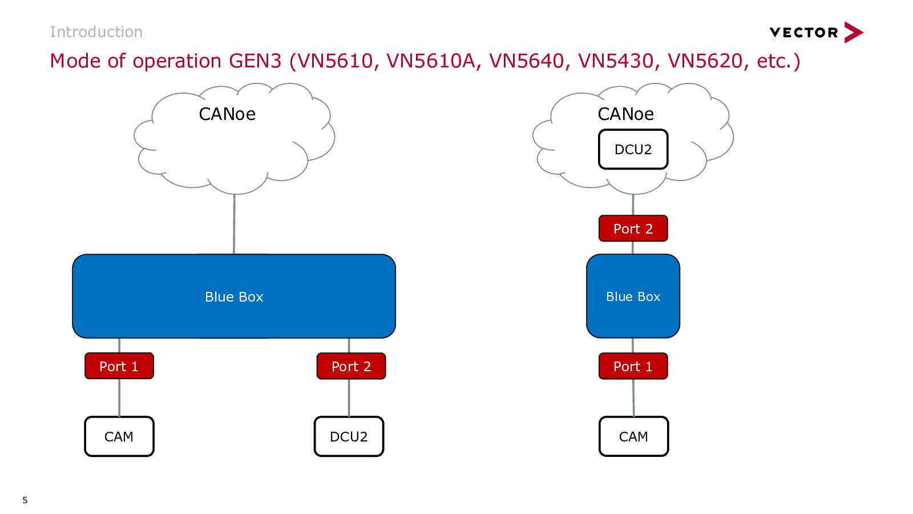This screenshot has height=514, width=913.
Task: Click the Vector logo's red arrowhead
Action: coord(853,32)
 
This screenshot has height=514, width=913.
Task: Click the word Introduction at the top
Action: coord(96,32)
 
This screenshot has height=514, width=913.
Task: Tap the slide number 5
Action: coord(25,500)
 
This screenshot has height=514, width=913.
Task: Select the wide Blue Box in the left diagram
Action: coord(234,296)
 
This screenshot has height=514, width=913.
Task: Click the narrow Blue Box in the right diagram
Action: coord(633,296)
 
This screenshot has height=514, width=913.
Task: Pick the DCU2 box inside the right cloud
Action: coord(633,149)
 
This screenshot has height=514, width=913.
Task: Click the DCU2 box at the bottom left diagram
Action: coord(349,436)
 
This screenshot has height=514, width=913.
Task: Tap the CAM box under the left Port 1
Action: coord(119,436)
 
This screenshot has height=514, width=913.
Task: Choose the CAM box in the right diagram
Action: coord(633,436)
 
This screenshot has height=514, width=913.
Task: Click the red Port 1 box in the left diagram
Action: coord(119,366)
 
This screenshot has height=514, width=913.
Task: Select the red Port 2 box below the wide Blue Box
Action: coord(351,366)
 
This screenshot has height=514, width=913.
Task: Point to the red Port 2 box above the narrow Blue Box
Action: coord(633,228)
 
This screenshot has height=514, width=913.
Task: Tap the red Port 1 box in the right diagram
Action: coord(633,366)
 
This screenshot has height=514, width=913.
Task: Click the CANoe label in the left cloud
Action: coord(227,114)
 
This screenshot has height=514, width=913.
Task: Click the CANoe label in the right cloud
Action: coord(625,114)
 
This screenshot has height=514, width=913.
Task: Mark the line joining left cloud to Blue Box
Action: coord(234,224)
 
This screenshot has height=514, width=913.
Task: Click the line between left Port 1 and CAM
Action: coord(119,397)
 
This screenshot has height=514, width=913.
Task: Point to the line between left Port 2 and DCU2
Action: coord(349,397)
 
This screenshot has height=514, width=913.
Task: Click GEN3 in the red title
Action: coord(255,61)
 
